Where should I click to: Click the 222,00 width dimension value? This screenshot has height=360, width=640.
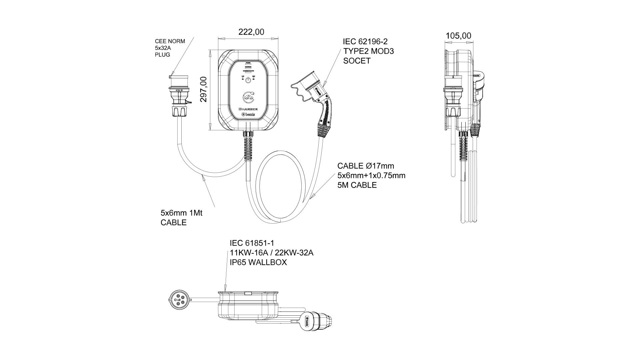pos(251,32)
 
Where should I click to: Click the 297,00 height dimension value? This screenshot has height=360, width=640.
pos(203,89)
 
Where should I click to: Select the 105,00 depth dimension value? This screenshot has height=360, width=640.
pos(458,36)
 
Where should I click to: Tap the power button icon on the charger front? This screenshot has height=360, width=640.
pos(248,80)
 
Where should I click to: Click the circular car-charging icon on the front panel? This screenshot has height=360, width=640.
pos(248,97)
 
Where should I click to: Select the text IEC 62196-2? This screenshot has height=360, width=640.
pos(365,42)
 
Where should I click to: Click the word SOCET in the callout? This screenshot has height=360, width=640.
pos(357,61)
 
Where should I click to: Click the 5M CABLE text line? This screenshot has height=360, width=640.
pos(357,185)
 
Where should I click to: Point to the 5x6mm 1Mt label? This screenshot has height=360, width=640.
pos(181,213)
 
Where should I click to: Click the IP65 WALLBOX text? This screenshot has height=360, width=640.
pos(258,262)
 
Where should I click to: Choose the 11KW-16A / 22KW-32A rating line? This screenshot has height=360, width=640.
pos(271,253)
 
